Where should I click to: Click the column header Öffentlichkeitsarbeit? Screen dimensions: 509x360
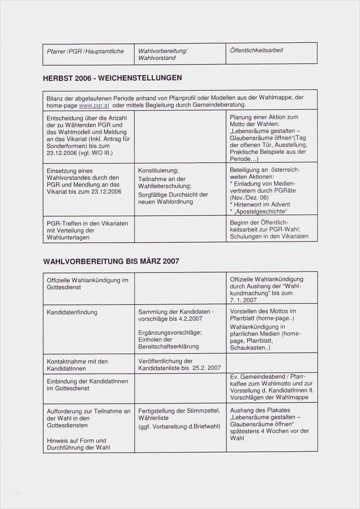[256, 50]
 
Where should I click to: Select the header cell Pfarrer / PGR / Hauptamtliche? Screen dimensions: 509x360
[85, 51]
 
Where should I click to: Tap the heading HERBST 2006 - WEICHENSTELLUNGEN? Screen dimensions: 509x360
[112, 78]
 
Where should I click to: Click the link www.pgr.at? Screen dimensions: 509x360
[94, 105]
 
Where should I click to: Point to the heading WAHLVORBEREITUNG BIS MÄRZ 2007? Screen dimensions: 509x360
[111, 261]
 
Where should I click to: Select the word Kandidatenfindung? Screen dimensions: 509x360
[72, 312]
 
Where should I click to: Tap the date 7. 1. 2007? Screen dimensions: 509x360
[243, 300]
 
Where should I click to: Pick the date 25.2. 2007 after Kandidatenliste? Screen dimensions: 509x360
[206, 368]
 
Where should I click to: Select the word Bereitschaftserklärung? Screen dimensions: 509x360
[168, 346]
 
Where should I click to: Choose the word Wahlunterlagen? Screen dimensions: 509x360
[68, 238]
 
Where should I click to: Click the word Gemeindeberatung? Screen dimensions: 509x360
[219, 105]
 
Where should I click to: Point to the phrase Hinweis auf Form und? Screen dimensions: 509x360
[76, 441]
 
